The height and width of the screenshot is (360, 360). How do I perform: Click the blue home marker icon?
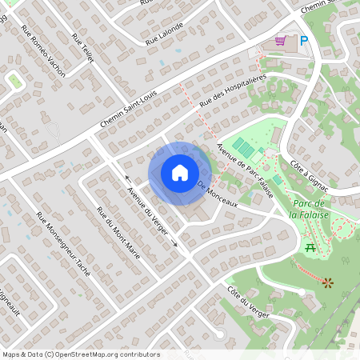point(180,173)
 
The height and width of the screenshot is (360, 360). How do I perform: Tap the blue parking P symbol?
point(304,40)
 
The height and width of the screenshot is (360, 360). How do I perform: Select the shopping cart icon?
point(280,40)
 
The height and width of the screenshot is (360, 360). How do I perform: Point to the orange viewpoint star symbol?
point(327,282)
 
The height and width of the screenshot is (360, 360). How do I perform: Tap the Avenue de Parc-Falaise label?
point(246,170)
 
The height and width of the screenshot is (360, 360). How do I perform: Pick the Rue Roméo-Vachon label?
point(44,50)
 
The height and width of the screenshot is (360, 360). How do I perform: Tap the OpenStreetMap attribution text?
point(80,354)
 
